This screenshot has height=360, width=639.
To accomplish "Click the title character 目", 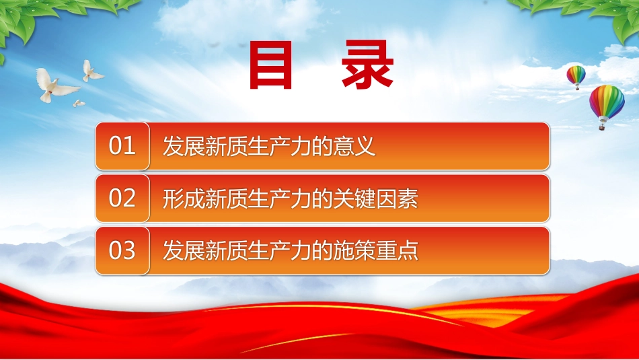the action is tap(270, 65).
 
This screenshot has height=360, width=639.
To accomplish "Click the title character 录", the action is tap(367, 65).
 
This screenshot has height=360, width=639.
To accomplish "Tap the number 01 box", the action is tap(122, 146).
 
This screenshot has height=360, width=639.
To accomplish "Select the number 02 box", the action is tap(122, 198).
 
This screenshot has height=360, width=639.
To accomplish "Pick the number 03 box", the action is tap(122, 250).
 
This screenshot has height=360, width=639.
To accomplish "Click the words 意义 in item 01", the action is tap(354, 146).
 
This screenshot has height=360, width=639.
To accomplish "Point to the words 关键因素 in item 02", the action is tap(375, 199).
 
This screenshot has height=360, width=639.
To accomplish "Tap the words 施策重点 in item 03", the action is tap(375, 250).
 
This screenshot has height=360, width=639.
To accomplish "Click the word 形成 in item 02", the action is tap(184, 199).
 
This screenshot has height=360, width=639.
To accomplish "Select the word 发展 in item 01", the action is tap(184, 146).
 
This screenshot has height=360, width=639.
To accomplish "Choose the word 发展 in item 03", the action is tap(184, 250).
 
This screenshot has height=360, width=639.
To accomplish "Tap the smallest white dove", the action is tap(79, 103).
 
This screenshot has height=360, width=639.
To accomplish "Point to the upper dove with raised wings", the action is tap(93, 71).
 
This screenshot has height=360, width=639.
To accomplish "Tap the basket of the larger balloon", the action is tap(601, 127).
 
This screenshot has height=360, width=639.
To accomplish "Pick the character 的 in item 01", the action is tap(322, 146).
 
